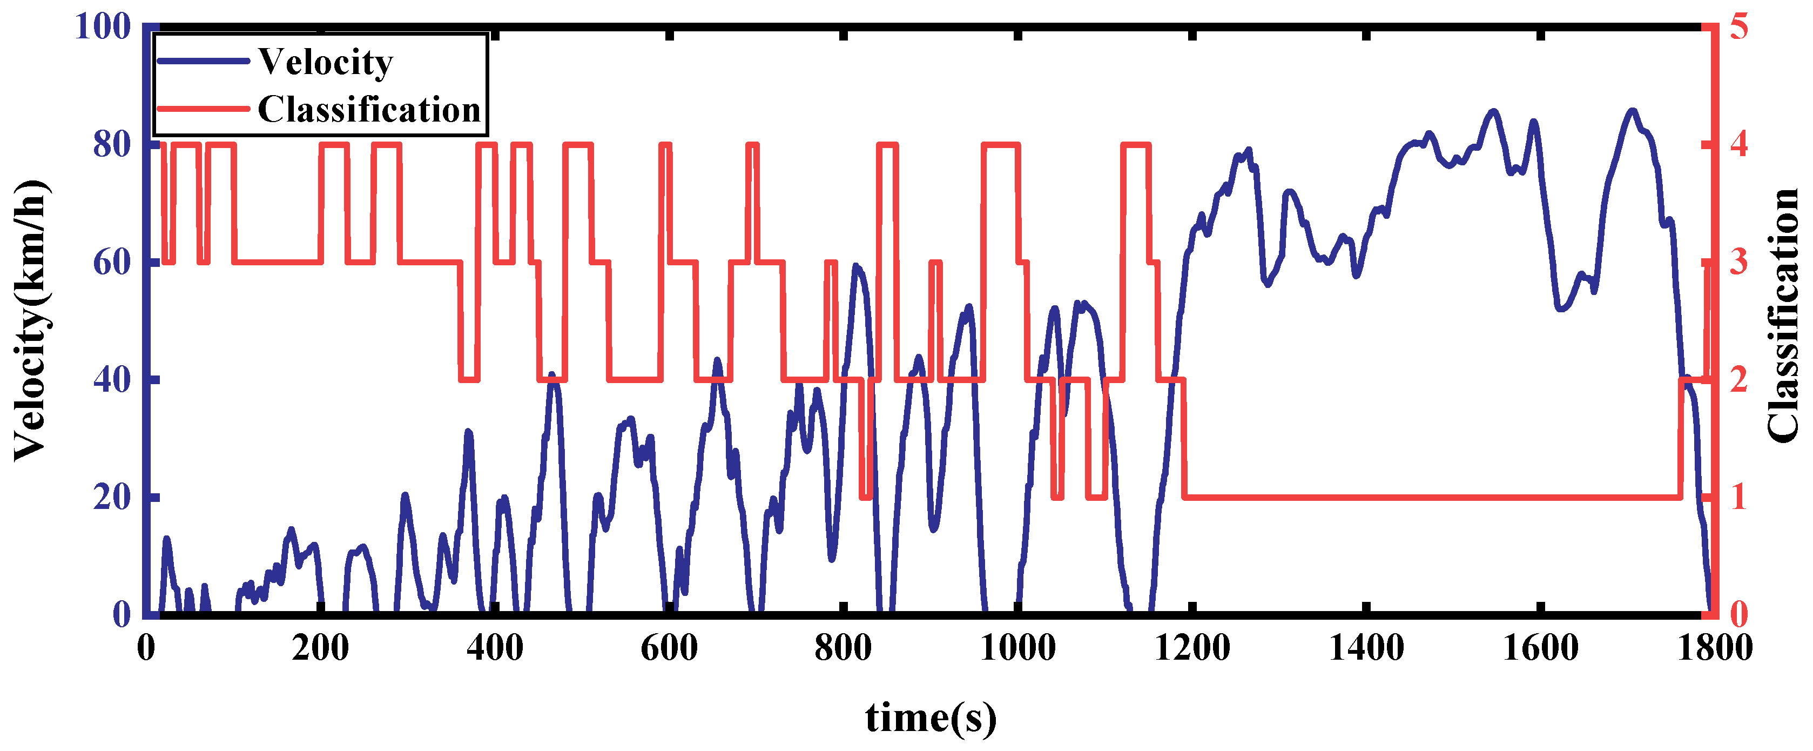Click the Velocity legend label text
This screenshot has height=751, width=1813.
pos(325,62)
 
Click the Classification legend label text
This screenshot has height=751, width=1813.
pos(369,110)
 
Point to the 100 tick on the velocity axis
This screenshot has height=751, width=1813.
pos(103,28)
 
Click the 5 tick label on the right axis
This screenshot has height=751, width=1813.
pos(1738,28)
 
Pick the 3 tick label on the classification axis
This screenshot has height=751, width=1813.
pos(1738,263)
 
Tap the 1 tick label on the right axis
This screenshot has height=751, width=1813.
pos(1738,498)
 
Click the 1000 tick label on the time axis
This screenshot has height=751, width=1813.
pos(1017,648)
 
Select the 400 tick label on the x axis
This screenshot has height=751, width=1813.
pos(495,648)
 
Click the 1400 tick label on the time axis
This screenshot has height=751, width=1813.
pos(1366,648)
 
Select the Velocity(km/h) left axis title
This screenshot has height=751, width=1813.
pos(31,320)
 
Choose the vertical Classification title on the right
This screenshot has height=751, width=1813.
pos(1783,317)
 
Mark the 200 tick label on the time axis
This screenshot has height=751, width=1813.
pos(320,648)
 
